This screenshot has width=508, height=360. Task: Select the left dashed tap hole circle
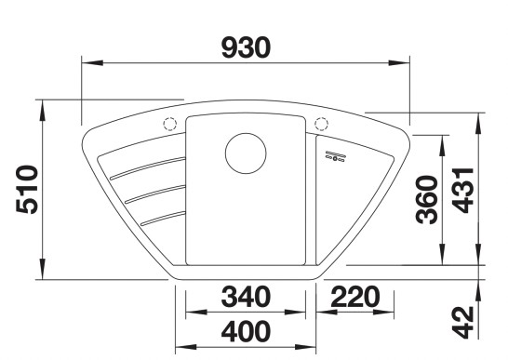(x=169, y=124)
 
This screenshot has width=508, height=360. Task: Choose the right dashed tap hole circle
(x=322, y=124)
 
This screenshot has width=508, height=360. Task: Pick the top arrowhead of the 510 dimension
(x=43, y=105)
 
